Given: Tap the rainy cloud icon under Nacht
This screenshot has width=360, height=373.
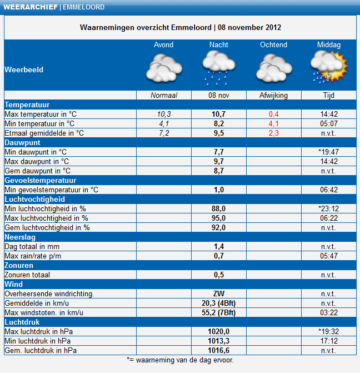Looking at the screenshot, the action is click(x=219, y=68).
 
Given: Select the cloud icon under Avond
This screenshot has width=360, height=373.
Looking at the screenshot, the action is click(x=164, y=68).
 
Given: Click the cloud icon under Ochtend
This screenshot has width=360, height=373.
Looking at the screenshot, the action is click(x=274, y=68).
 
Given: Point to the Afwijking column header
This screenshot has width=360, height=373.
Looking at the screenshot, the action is click(x=273, y=96).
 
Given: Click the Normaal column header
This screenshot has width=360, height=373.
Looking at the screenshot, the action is click(x=164, y=96).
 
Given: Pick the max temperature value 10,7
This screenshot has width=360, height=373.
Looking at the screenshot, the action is click(x=219, y=114).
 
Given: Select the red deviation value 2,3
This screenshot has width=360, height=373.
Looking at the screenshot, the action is click(x=274, y=133).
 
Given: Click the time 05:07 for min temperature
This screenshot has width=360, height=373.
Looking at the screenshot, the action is click(x=329, y=124).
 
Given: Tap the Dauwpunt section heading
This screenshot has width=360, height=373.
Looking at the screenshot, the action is click(x=22, y=142).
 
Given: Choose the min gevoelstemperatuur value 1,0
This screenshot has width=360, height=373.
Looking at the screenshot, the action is click(x=219, y=190).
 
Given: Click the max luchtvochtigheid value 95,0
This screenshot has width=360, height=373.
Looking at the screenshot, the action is click(x=219, y=218).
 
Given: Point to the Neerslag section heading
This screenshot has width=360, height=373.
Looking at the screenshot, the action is click(x=20, y=237).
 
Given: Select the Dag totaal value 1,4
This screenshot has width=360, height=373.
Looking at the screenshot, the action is click(x=219, y=246).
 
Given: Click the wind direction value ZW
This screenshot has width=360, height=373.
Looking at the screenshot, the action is click(x=219, y=294).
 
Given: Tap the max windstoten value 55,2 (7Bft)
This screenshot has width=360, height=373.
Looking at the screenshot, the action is click(x=219, y=312).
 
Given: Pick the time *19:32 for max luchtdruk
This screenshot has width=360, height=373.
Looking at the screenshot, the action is click(x=329, y=331).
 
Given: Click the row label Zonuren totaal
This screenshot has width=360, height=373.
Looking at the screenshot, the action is click(x=27, y=275).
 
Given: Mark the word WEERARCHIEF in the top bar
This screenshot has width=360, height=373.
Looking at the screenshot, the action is click(x=31, y=7).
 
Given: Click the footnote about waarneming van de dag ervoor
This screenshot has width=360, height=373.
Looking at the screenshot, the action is click(x=180, y=360).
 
